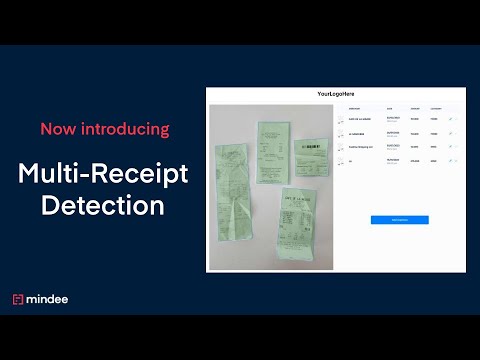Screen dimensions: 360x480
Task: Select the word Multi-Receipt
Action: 102,176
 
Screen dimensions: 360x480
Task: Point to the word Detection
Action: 102,206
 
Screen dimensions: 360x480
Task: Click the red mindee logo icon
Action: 18,299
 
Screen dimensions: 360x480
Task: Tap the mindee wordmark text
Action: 49,299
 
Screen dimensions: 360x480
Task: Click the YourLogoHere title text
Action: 335,94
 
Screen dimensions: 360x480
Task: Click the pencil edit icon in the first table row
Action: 450,120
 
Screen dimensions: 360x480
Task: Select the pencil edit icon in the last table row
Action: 450,160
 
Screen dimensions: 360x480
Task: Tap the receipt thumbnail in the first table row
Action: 341,120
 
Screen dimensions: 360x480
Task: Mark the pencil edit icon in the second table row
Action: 450,133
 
